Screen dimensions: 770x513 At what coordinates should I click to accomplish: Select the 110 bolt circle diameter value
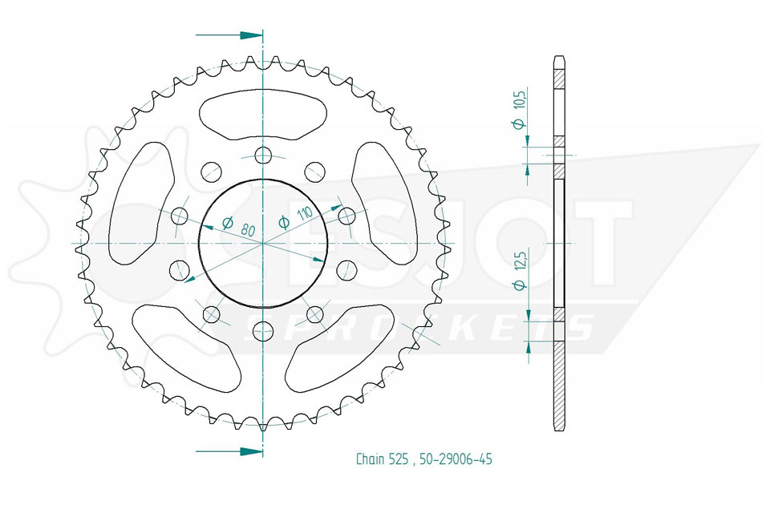[x=306, y=213]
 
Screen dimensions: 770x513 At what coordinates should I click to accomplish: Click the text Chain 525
[x=382, y=459]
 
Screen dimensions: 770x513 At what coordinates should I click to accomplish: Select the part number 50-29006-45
[x=456, y=459]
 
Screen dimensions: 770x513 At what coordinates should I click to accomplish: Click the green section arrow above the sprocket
[x=229, y=35]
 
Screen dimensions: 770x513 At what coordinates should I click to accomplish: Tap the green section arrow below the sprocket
[x=229, y=450]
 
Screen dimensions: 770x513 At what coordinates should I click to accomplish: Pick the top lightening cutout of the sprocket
[x=263, y=116]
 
